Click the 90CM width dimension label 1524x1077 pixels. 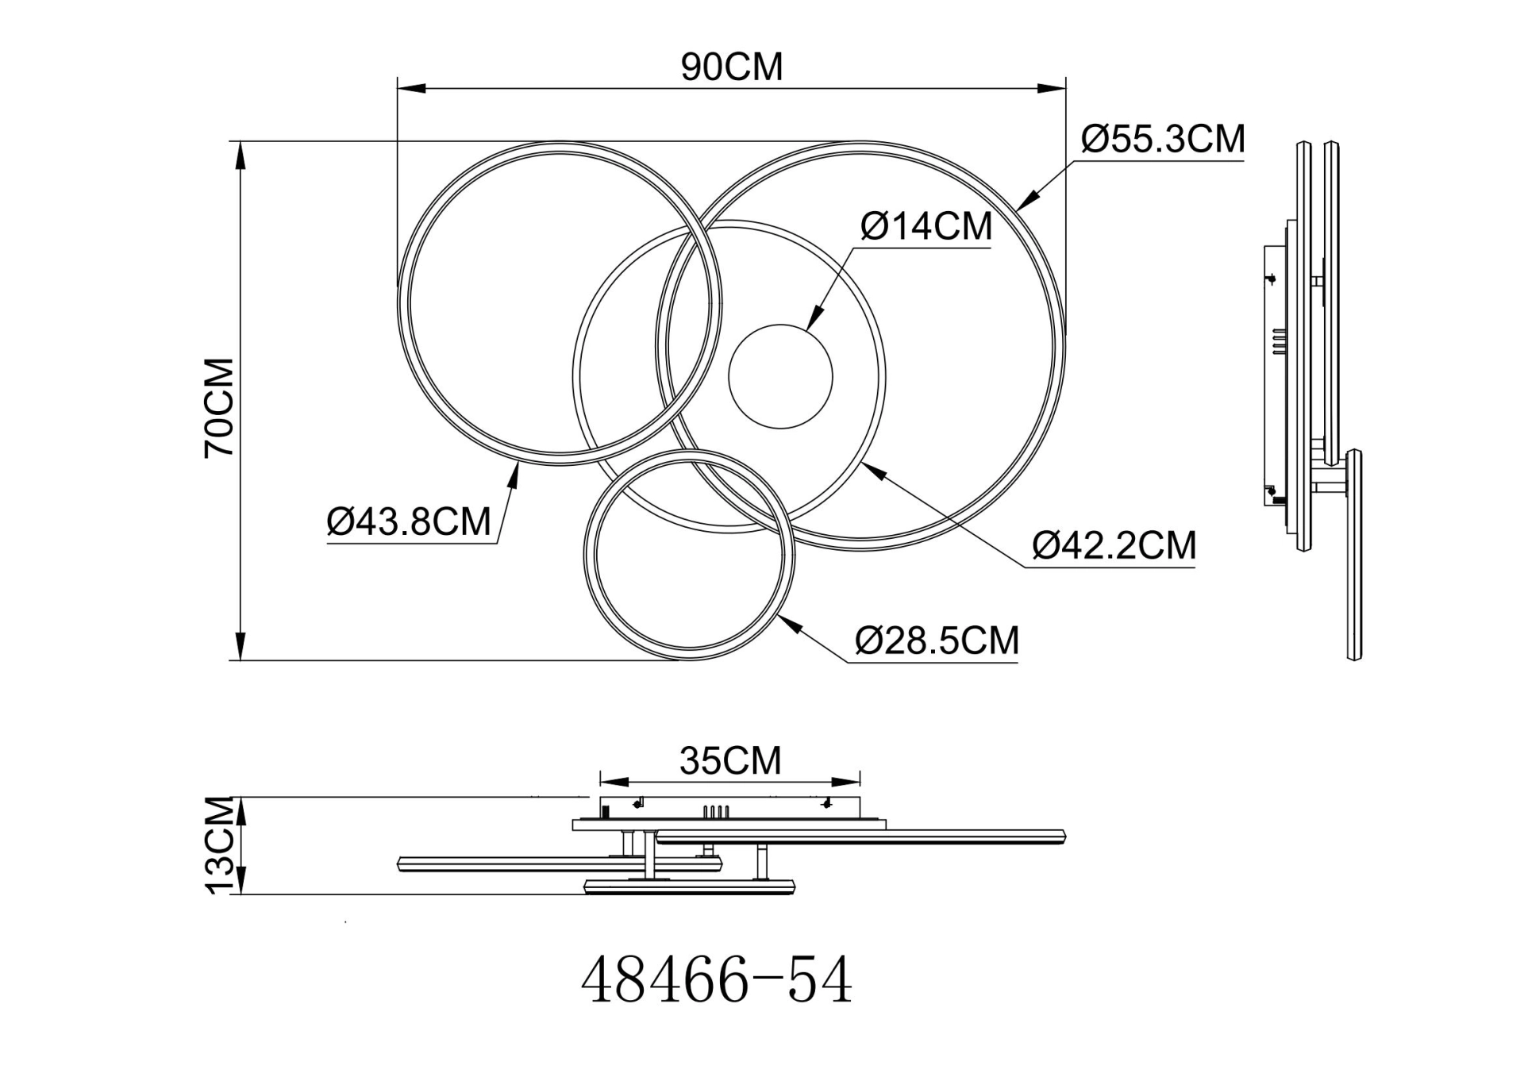tap(731, 67)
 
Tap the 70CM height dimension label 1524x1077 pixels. tap(220, 407)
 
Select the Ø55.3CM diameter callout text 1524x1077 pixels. tap(1163, 140)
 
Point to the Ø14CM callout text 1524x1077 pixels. tap(926, 227)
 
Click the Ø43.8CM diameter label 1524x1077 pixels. tap(409, 522)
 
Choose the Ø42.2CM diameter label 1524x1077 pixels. tap(1114, 546)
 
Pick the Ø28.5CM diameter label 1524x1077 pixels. tap(937, 640)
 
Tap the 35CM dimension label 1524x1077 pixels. tap(730, 761)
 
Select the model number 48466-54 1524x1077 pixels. tap(716, 982)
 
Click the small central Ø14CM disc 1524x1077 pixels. tap(780, 376)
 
